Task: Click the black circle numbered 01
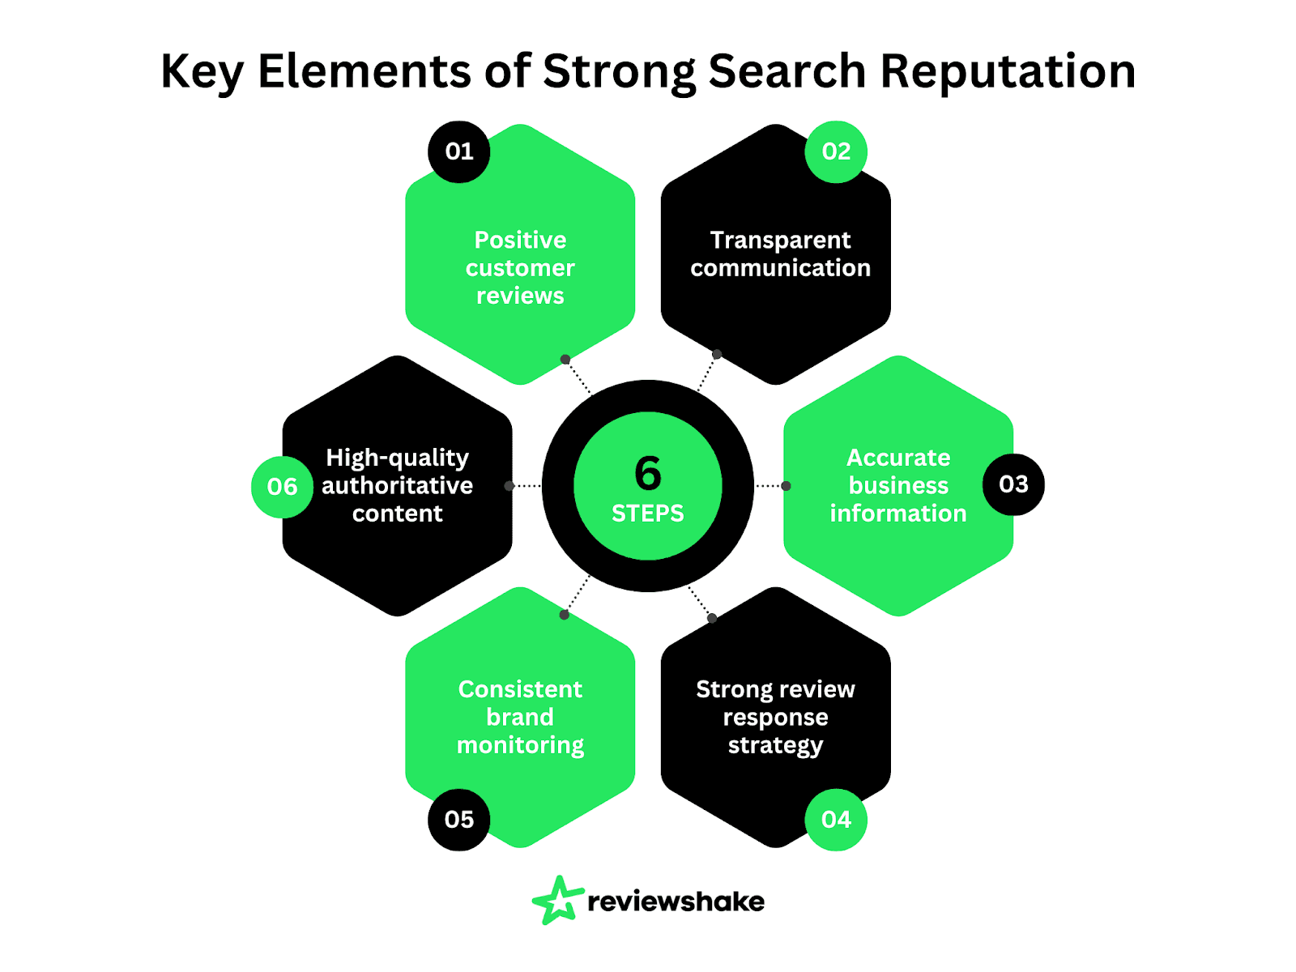tap(458, 151)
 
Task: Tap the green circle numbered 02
tap(836, 151)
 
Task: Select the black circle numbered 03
tap(1013, 484)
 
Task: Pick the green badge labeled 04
tap(836, 820)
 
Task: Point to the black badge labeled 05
tap(458, 820)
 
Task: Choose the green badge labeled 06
tap(282, 487)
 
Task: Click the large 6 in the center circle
tap(648, 474)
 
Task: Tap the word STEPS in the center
tap(648, 514)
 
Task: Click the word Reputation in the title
tap(1008, 71)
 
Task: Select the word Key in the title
tap(202, 71)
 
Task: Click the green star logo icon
tap(557, 900)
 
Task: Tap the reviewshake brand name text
tap(676, 902)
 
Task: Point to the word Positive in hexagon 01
tap(520, 241)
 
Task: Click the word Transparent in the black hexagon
tap(780, 241)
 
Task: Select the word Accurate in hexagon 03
tap(898, 458)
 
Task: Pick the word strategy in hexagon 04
tap(775, 745)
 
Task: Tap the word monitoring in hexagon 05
tap(520, 745)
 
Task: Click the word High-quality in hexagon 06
tap(397, 458)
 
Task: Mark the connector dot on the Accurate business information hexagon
tap(786, 486)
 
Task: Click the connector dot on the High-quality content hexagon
tap(509, 486)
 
